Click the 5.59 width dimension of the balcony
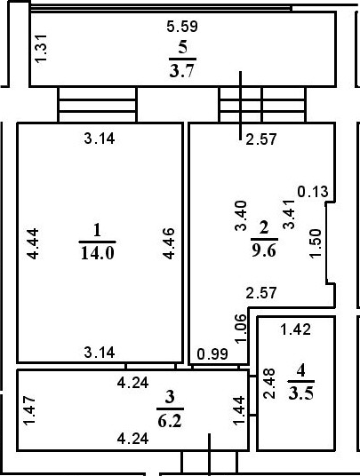pos(183,27)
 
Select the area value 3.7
pos(183,70)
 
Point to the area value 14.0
pos(97,252)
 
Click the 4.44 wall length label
pos(34,243)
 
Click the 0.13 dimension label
pos(312,191)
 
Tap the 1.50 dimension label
pos(314,243)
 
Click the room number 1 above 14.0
pos(97,230)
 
